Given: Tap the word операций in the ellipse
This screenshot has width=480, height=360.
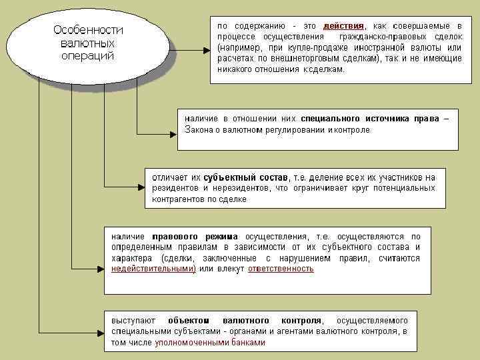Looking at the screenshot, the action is pyautogui.click(x=87, y=55).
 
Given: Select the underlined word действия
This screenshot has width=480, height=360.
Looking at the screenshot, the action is pyautogui.click(x=343, y=25).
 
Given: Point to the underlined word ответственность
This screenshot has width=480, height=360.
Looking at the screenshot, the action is pyautogui.click(x=281, y=269).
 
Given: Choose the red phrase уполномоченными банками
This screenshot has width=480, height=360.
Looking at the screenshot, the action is pyautogui.click(x=210, y=343).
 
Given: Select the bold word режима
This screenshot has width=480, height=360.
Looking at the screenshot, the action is pyautogui.click(x=223, y=236).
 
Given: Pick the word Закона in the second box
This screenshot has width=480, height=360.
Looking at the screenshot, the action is pyautogui.click(x=199, y=129).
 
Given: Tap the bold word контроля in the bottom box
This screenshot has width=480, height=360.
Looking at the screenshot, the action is pyautogui.click(x=302, y=320).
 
